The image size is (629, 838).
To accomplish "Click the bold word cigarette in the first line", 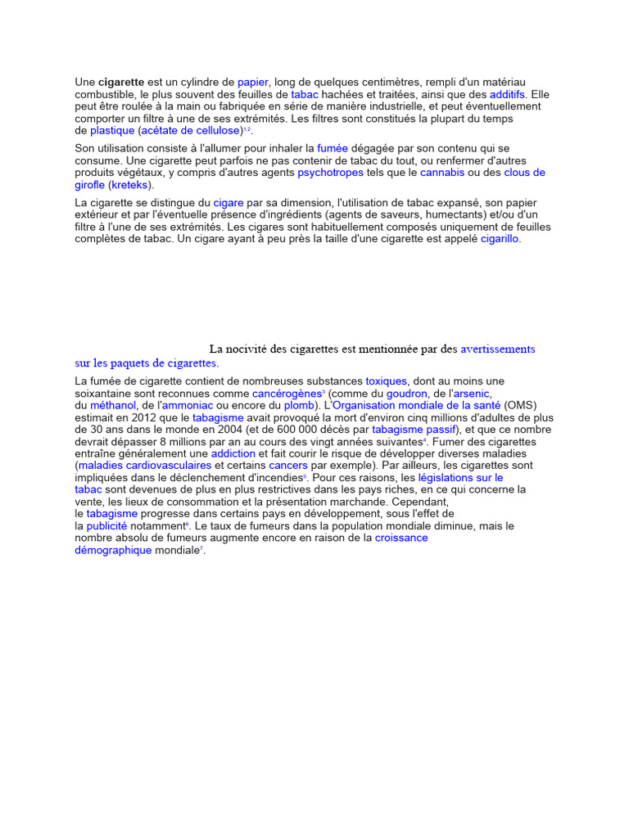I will (122, 83).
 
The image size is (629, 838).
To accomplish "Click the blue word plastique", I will (112, 131).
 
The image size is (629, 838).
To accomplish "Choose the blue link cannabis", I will (442, 173).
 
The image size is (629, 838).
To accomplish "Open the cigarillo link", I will (500, 239).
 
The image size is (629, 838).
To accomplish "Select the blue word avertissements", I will (498, 349).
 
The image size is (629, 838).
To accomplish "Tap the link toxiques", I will (386, 381).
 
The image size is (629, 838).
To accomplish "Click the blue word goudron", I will (407, 394).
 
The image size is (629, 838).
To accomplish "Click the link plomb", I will (298, 405).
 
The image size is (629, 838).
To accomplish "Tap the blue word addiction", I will (233, 453).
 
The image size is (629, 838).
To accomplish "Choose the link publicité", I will (107, 525).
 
